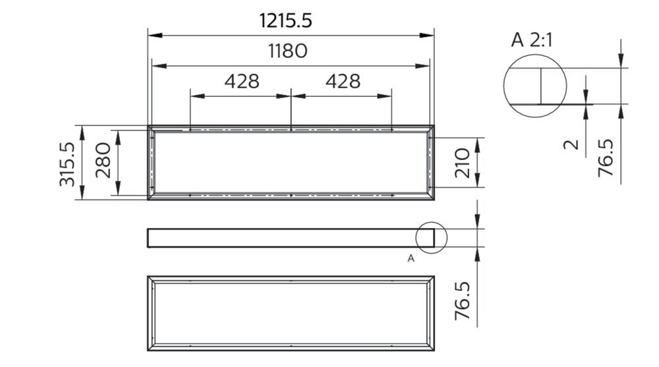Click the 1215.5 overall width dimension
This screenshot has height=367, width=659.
[x=285, y=20]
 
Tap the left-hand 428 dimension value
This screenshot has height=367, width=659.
[x=242, y=82]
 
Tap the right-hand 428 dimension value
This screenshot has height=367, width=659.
[x=343, y=82]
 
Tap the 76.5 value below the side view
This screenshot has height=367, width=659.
[x=463, y=302]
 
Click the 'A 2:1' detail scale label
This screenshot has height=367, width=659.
[x=532, y=40]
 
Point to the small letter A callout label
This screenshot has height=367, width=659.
[x=411, y=258]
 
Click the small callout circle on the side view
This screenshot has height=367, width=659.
[x=432, y=238]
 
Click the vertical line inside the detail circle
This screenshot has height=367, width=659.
[x=540, y=86]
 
